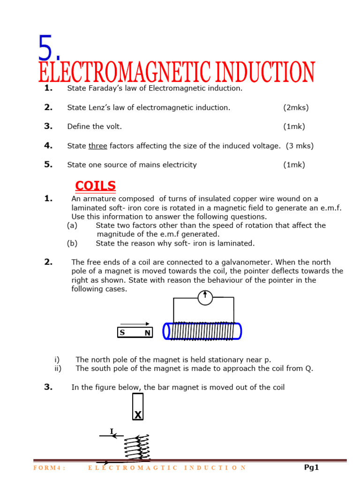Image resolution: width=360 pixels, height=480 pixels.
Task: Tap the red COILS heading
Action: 95,186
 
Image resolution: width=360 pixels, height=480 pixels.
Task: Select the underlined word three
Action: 98,146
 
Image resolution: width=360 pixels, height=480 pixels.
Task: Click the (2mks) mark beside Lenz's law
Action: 296,108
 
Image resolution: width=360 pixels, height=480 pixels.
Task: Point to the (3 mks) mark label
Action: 300,146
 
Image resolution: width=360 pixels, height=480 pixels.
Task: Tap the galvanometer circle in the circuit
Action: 205,298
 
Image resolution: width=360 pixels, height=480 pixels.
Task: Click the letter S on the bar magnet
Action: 122,333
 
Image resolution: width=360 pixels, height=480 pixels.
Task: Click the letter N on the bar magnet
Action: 147,333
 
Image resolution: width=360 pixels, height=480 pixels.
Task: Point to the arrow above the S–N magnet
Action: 135,324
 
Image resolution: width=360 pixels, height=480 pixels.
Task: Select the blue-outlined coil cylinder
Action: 202,331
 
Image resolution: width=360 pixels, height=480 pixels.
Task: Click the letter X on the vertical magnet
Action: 138,415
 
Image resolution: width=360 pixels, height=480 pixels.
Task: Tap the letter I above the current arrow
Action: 112,431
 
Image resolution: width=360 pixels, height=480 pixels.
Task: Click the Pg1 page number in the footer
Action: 311,467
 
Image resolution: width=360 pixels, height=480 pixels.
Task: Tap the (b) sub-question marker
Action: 72,243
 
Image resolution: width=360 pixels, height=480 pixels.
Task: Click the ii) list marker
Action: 58,368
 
